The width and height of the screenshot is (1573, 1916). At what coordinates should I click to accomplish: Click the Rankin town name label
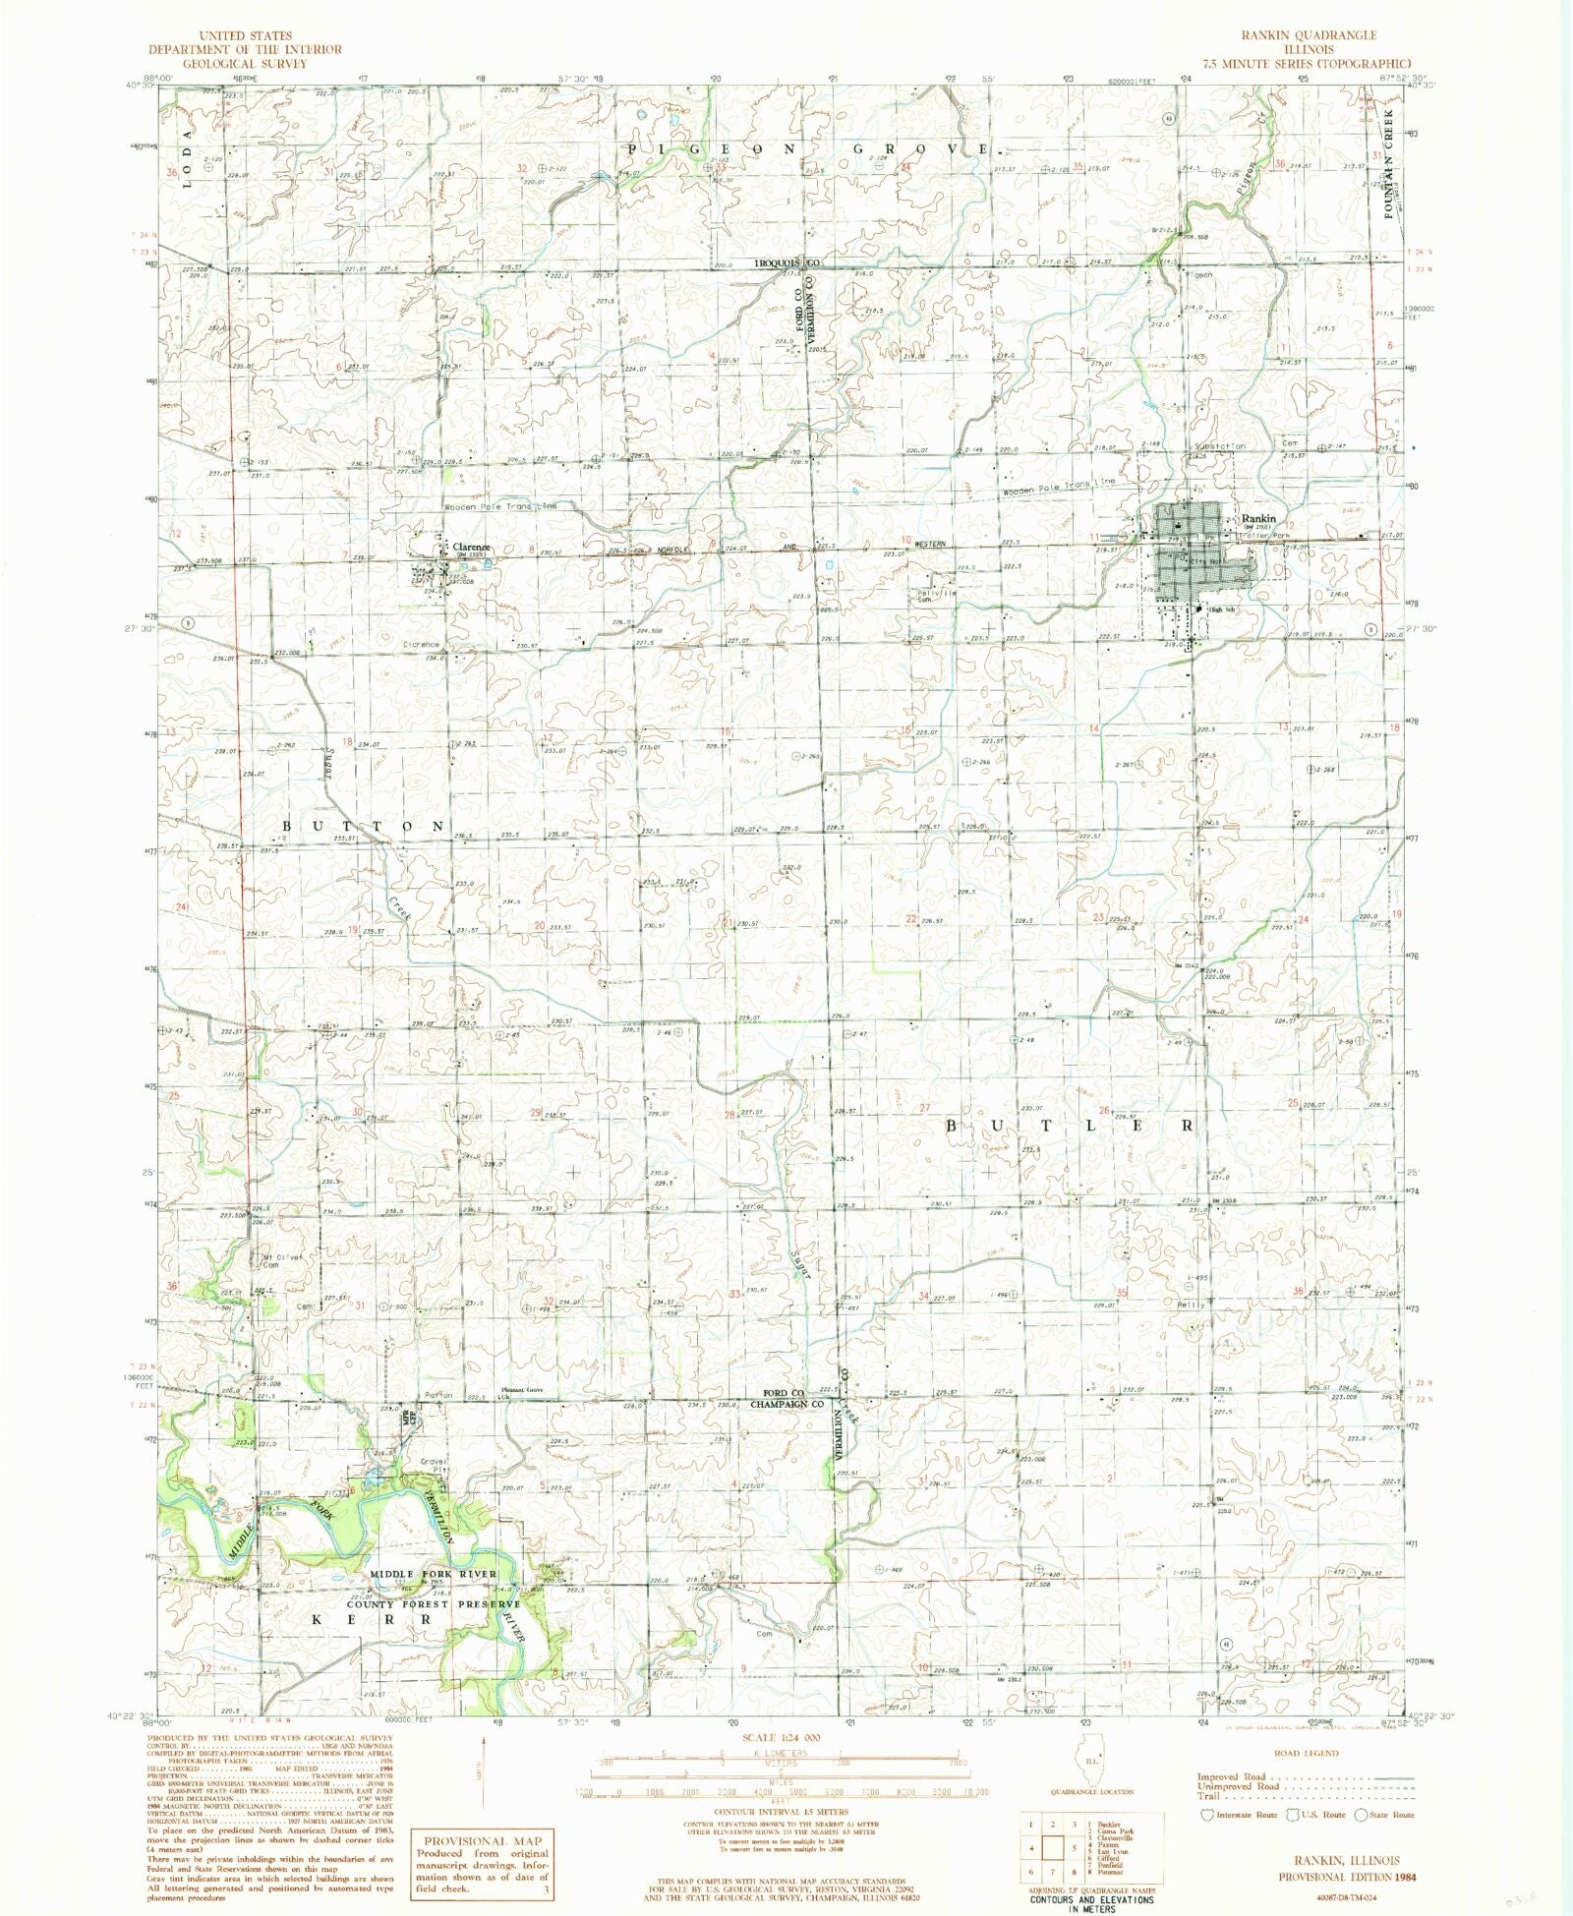coord(1258,518)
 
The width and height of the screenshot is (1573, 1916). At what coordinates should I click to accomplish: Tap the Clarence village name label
coord(471,548)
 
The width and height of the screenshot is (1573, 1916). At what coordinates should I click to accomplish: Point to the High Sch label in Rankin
coord(1221,610)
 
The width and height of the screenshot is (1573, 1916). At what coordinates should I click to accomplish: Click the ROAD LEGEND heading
coord(1305,1752)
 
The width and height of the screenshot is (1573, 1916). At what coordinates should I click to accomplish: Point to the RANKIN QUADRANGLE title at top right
coord(1308,34)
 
